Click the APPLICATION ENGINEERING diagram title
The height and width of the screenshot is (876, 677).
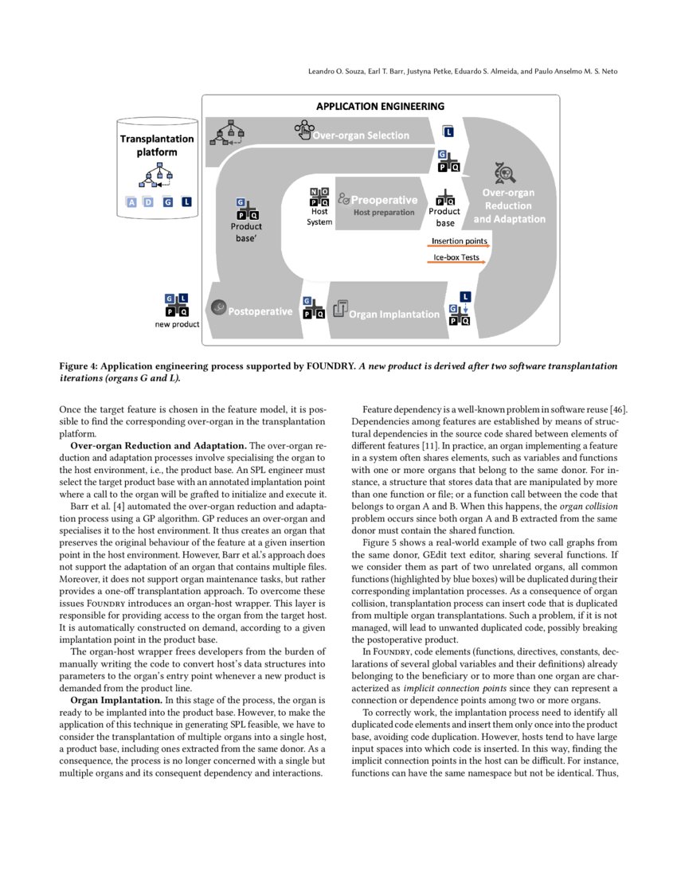click(381, 106)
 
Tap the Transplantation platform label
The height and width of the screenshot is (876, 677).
click(157, 145)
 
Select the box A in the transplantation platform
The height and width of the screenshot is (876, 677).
click(132, 202)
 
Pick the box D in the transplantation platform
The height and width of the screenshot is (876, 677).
click(149, 202)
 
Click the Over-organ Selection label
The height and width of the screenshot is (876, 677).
click(361, 135)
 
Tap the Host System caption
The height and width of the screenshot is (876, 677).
click(319, 217)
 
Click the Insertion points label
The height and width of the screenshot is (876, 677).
click(460, 241)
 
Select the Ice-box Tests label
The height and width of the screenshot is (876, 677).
click(456, 258)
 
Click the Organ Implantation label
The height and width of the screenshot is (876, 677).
click(394, 314)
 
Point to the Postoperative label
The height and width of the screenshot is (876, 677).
click(260, 311)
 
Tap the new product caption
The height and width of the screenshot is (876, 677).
click(177, 324)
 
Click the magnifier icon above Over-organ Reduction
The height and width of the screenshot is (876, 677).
click(505, 171)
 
